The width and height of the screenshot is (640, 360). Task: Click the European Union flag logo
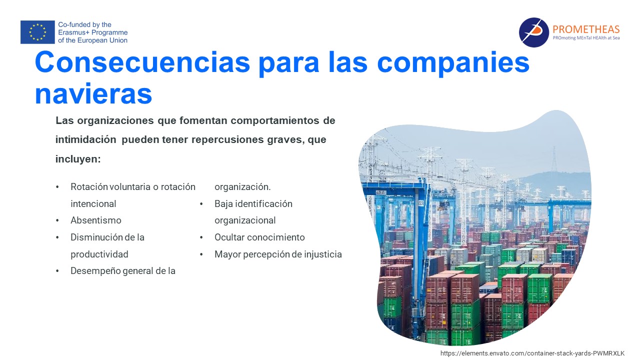(37, 32)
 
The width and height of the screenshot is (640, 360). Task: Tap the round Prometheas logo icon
(533, 32)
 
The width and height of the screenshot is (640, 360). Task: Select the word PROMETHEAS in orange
(586, 29)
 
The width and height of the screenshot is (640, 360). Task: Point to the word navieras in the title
(93, 93)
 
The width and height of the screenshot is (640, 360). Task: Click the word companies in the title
(453, 63)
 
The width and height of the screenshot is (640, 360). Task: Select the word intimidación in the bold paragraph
(85, 139)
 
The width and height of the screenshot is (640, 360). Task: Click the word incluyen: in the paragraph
(78, 159)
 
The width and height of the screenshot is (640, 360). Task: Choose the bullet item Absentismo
(95, 220)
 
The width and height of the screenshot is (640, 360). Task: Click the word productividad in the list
(99, 254)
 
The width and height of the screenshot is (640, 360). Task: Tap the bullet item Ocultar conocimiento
(259, 237)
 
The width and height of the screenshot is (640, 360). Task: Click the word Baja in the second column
(223, 203)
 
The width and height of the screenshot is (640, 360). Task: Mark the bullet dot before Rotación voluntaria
(57, 187)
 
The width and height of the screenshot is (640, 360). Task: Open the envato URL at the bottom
(532, 353)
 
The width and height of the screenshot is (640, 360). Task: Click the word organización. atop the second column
(242, 187)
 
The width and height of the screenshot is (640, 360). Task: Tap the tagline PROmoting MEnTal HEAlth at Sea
(586, 37)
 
